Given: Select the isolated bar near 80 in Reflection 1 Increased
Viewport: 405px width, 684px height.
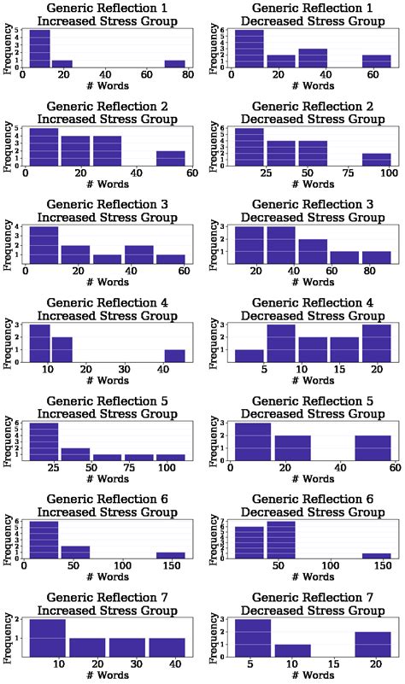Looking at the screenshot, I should point(175,63).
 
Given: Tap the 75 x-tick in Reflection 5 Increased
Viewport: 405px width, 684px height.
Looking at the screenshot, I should point(140,470).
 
